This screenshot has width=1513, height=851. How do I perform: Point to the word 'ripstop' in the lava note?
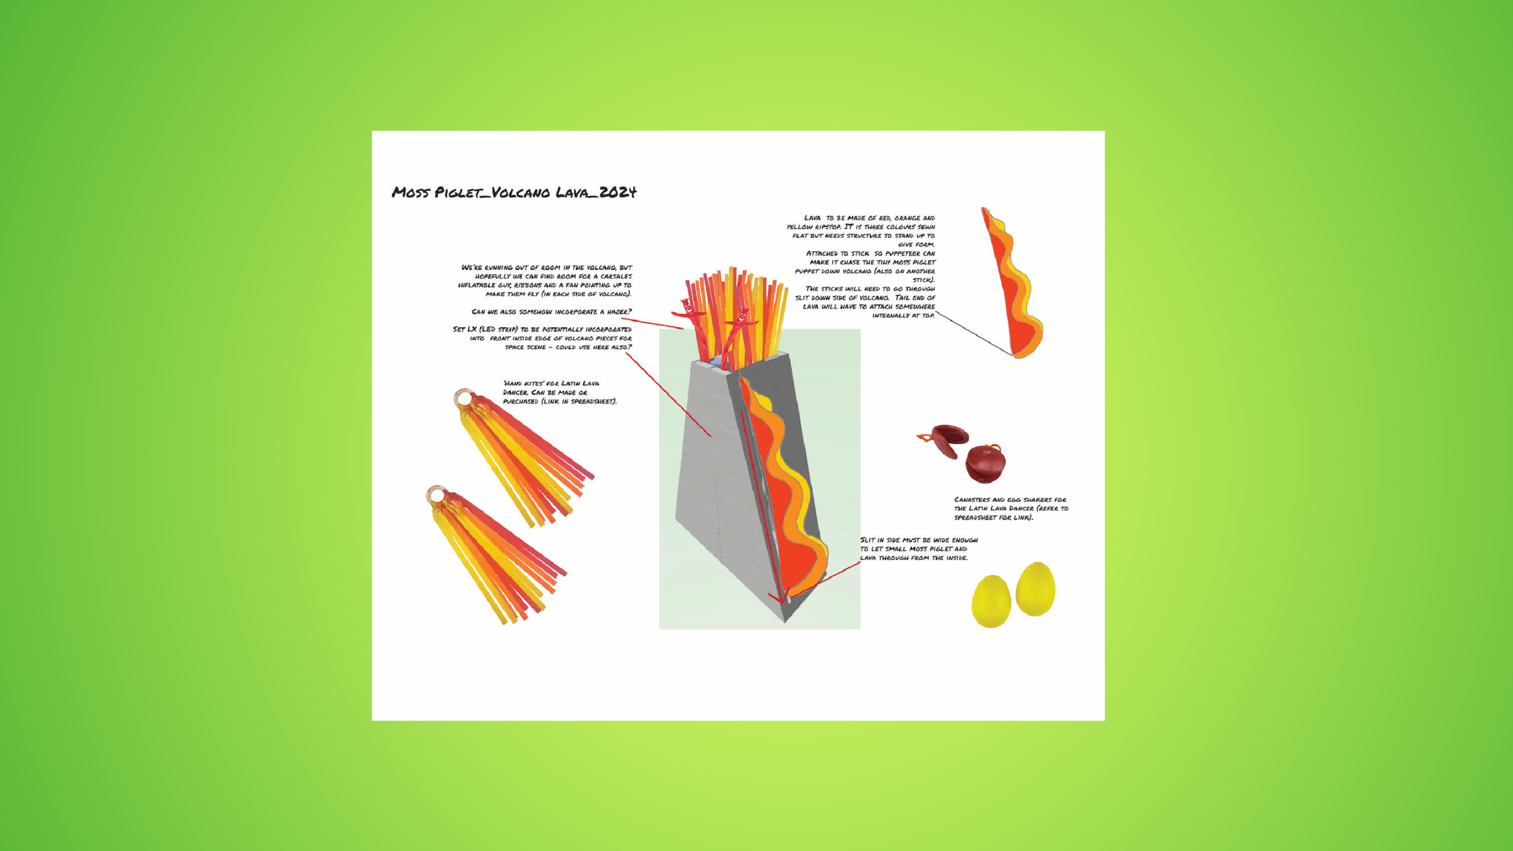point(829,227)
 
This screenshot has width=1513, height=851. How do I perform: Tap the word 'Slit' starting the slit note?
point(868,540)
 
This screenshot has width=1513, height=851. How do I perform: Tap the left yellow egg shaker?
point(991,602)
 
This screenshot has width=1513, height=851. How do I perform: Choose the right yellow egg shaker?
point(1035,589)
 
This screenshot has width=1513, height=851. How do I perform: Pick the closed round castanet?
point(985,463)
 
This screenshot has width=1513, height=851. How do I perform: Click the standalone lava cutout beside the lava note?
point(1012,283)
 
